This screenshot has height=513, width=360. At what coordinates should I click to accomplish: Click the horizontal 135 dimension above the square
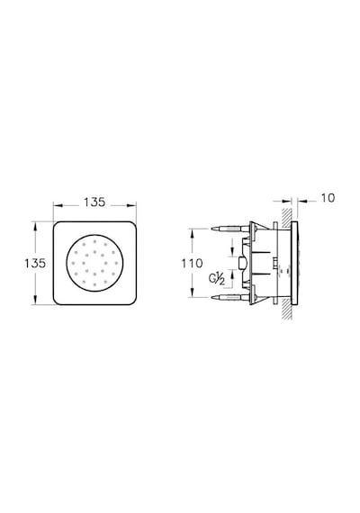(x=94, y=202)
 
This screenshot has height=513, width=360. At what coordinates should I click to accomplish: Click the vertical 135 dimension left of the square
(x=35, y=263)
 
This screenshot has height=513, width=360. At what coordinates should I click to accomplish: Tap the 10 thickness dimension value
(x=328, y=198)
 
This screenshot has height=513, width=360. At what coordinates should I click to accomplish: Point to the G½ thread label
(x=217, y=279)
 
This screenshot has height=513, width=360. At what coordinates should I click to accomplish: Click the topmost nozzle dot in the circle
(x=94, y=242)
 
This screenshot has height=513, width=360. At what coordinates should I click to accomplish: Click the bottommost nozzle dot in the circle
(x=94, y=284)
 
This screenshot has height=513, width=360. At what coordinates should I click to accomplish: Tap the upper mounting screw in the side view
(x=230, y=229)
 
